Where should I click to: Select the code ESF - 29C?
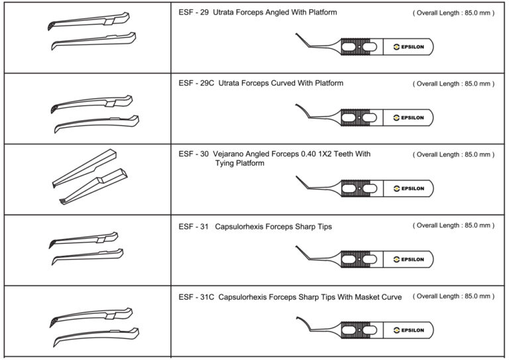tap(196, 84)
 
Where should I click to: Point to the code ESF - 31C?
tap(196, 297)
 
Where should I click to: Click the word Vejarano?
tap(231, 154)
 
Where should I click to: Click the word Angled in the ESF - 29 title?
tap(273, 13)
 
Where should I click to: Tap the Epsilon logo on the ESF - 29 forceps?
tap(408, 47)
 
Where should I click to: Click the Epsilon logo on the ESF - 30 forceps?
tap(408, 188)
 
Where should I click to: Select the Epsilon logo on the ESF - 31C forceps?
tap(408, 330)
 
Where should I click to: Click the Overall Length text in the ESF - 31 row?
tap(453, 225)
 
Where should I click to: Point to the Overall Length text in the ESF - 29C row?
tap(453, 84)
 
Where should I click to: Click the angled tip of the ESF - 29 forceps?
tap(302, 38)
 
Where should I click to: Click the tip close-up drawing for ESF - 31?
tap(87, 249)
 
